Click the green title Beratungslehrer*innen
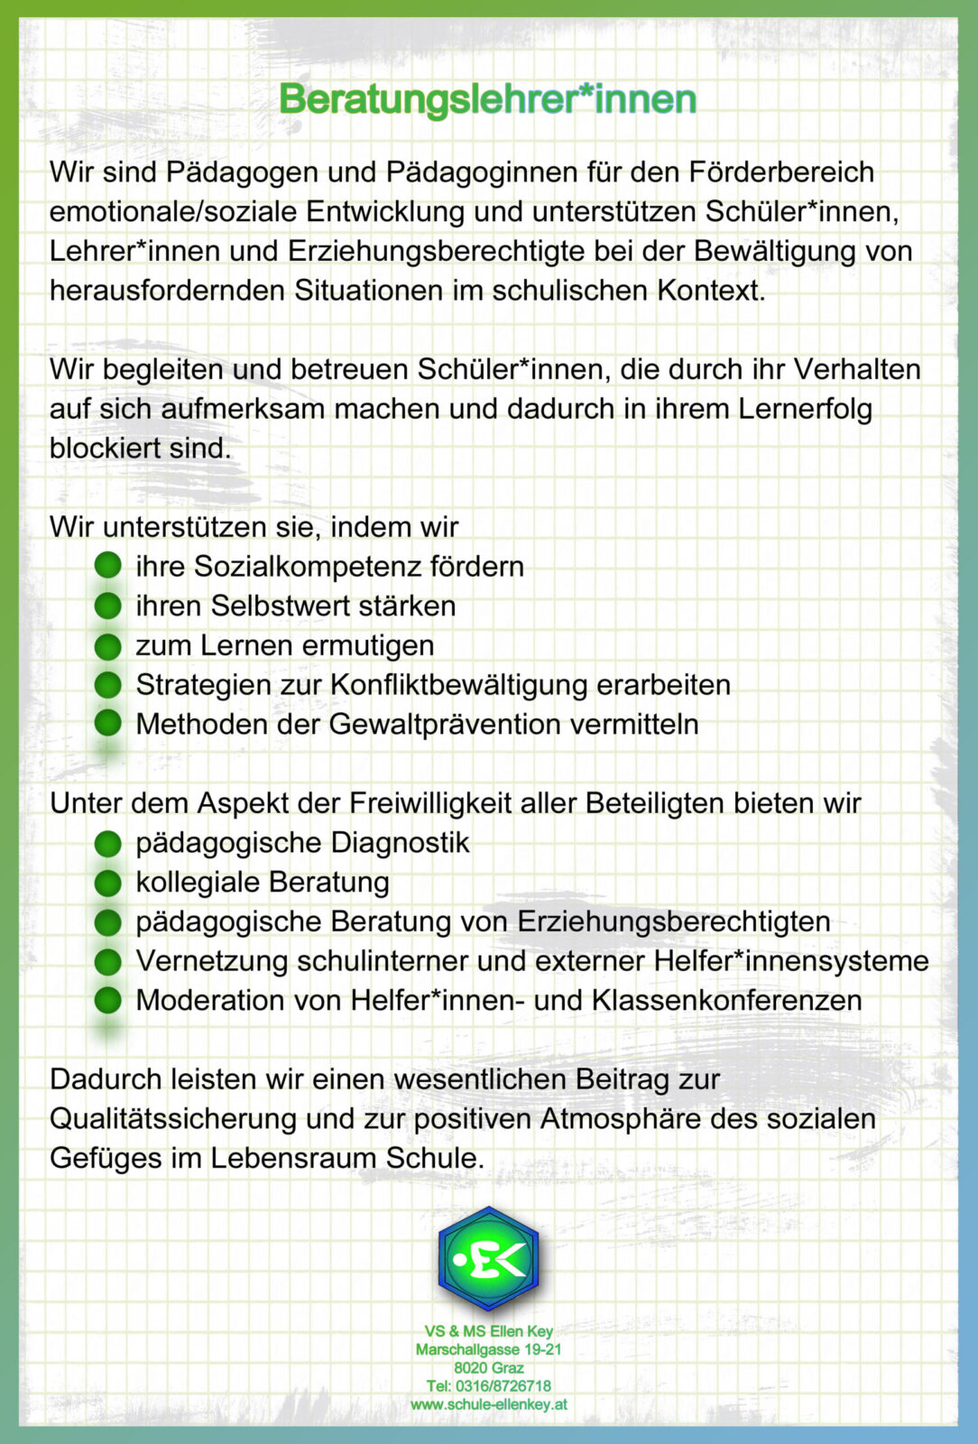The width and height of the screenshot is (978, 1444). [x=488, y=99]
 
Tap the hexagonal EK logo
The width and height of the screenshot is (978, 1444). [x=488, y=1259]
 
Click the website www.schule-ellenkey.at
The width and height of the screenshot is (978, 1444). [x=488, y=1404]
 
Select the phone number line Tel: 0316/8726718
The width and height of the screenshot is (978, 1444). [x=488, y=1386]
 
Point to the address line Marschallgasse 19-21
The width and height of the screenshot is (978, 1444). [x=488, y=1350]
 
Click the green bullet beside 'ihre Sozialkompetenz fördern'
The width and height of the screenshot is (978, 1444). [x=107, y=567]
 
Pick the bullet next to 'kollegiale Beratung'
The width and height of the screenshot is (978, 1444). [x=107, y=883]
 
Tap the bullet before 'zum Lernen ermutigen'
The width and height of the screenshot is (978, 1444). [x=107, y=646]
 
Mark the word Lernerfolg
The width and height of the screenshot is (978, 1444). [x=805, y=410]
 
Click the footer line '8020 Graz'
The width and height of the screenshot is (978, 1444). [x=488, y=1368]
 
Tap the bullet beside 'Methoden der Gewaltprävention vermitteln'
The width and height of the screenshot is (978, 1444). [x=107, y=724]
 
